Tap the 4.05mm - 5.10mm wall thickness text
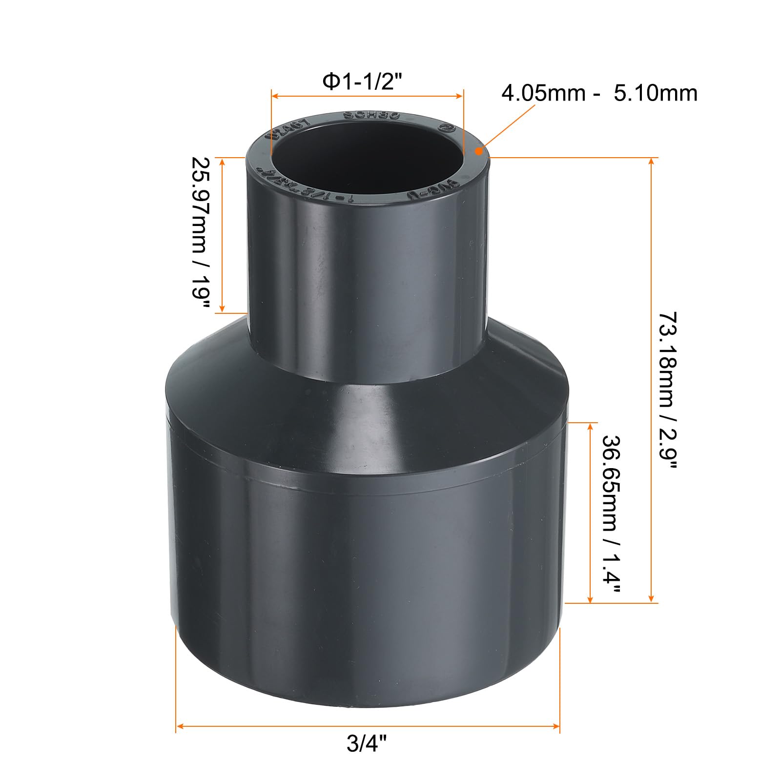(x=599, y=93)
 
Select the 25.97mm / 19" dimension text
(x=201, y=233)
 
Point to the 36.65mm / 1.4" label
(x=611, y=513)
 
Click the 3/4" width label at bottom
(x=367, y=758)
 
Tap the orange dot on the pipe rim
(x=479, y=151)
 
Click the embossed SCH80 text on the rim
(x=371, y=116)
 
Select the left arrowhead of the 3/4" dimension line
(x=180, y=727)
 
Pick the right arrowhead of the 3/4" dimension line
(x=556, y=727)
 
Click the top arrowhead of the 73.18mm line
(x=651, y=162)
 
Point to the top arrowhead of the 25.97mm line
(x=222, y=162)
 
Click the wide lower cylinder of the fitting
(x=366, y=561)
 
